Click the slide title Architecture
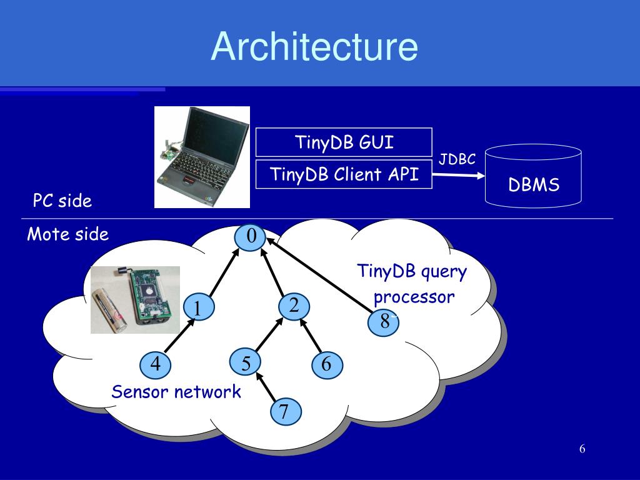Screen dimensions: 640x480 point(314,46)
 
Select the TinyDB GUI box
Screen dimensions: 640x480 point(344,142)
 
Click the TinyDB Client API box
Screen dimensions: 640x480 point(344,174)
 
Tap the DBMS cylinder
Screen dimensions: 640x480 point(533,176)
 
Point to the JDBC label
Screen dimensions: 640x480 point(457,159)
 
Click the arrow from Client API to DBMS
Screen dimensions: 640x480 point(458,175)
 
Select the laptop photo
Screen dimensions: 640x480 point(202,157)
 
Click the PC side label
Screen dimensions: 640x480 point(62,201)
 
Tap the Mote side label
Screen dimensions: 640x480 point(67,234)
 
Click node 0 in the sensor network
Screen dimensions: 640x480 point(250,236)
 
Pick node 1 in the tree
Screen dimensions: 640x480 point(199,308)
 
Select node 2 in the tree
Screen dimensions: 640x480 point(294,306)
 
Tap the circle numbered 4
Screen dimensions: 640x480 point(155,364)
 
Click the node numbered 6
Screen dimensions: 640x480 point(327,364)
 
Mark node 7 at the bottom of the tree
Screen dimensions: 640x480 point(286,411)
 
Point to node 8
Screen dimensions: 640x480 point(383,322)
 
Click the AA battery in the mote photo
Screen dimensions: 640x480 point(109,310)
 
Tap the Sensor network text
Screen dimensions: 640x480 point(176,391)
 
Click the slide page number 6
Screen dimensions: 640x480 point(582,449)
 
